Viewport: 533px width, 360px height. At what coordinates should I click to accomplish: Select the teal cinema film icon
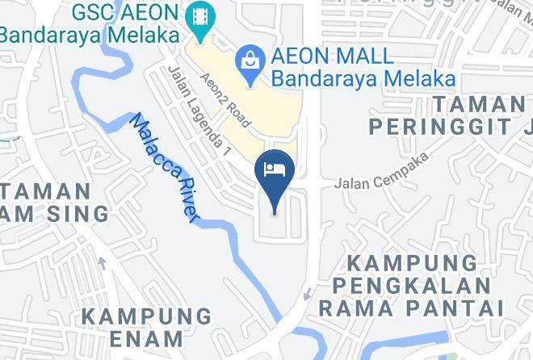(196, 15)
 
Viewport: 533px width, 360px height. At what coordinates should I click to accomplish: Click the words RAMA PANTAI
(411, 308)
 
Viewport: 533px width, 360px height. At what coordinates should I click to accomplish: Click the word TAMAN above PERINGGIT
(479, 104)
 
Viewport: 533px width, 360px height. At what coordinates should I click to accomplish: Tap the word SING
(81, 214)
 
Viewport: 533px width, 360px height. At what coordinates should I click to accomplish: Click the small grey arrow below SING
(102, 263)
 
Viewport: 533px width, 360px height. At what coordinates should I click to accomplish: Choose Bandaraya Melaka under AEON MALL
(363, 79)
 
